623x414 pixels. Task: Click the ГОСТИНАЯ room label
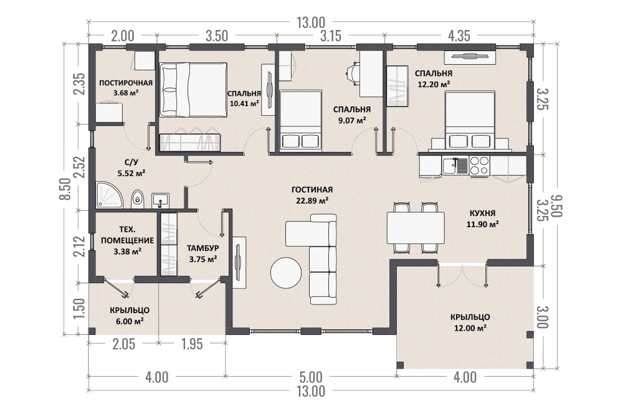pos(312,189)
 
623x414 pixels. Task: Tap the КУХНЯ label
pos(482,213)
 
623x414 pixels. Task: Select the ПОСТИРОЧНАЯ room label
pos(126,83)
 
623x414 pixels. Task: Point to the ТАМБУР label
pos(202,248)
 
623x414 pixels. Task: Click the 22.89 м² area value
pos(312,200)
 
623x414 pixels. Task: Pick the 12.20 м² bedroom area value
pos(434,84)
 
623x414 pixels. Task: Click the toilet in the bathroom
pos(138,198)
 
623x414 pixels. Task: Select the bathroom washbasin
pos(161,200)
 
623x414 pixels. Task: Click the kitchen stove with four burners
pos(479,166)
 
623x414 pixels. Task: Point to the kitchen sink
pos(456,165)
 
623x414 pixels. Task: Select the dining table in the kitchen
pos(416,228)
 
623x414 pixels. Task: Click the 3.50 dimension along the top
pos(217,35)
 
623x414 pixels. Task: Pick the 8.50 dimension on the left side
pos(67,189)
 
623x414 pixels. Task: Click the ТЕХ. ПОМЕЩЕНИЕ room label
pos(128,235)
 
